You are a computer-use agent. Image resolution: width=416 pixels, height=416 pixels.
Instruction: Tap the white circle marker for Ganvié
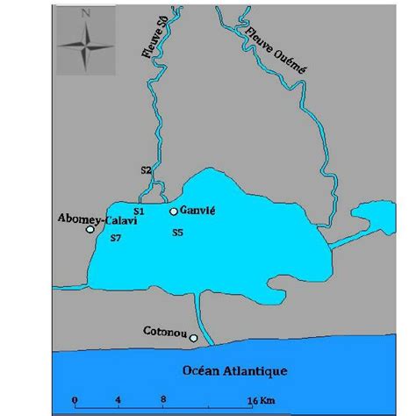[x=174, y=211]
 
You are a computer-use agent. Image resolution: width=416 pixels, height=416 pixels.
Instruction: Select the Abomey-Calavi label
[x=89, y=219]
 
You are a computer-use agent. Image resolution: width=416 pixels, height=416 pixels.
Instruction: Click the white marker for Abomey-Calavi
[x=90, y=230]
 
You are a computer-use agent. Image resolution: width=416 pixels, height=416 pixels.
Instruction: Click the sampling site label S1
[x=138, y=212]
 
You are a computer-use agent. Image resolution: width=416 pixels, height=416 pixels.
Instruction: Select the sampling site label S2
[x=146, y=169]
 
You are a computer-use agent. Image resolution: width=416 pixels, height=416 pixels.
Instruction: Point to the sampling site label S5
[x=177, y=233]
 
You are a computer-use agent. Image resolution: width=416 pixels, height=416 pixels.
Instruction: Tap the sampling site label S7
[x=114, y=238]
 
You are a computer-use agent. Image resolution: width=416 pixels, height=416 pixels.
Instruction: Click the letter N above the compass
[x=85, y=14]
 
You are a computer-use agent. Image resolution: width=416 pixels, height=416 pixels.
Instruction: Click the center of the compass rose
[x=85, y=45]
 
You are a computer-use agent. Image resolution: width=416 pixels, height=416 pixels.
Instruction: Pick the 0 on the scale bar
[x=75, y=399]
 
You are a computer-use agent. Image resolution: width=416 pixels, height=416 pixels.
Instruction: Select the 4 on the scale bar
[x=118, y=399]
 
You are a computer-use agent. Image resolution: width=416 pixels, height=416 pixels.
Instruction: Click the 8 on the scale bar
[x=163, y=399]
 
